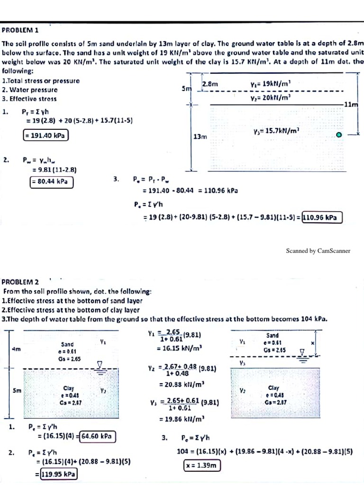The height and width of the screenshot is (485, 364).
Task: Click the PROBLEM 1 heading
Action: [x=20, y=29]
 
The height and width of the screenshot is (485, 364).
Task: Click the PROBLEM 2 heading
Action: [x=20, y=282]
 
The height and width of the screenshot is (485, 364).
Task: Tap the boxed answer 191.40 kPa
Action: [x=46, y=135]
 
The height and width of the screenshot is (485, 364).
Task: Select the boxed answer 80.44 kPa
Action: [x=51, y=181]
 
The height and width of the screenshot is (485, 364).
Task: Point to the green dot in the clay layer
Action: [x=338, y=135]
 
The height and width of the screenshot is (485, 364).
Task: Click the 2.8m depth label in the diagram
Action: [x=210, y=84]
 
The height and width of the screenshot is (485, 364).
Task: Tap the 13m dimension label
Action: [x=199, y=136]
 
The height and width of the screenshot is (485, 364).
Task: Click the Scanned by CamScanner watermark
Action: [x=318, y=251]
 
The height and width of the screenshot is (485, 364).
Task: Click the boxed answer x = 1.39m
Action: [x=202, y=466]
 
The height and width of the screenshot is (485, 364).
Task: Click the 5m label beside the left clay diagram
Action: [x=17, y=391]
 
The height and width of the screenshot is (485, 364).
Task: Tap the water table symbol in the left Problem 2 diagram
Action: [x=99, y=365]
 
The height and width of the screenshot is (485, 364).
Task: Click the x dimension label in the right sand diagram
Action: [x=312, y=342]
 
